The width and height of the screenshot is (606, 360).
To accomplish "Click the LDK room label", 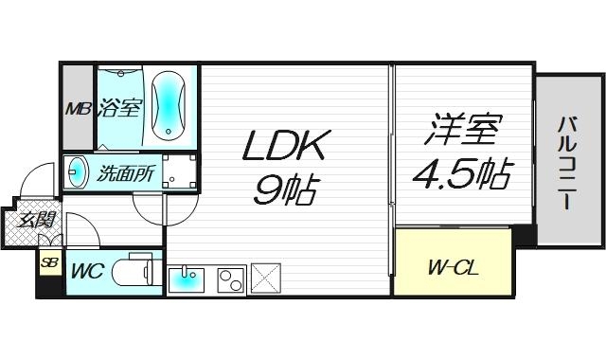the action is click(x=286, y=148).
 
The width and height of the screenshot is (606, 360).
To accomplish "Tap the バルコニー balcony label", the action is click(x=568, y=162).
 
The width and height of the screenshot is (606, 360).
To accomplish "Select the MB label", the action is click(x=77, y=108).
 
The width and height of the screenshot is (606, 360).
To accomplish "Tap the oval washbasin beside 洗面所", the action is click(x=77, y=173).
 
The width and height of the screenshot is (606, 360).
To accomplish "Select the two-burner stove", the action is click(x=230, y=279).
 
